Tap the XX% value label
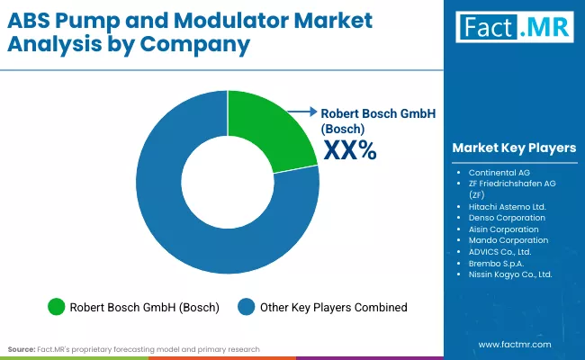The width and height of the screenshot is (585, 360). tap(349, 151)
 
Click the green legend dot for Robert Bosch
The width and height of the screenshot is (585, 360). tap(56, 307)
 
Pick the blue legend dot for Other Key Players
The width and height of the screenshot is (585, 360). tap(247, 307)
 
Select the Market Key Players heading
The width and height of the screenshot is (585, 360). tap(514, 148)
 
